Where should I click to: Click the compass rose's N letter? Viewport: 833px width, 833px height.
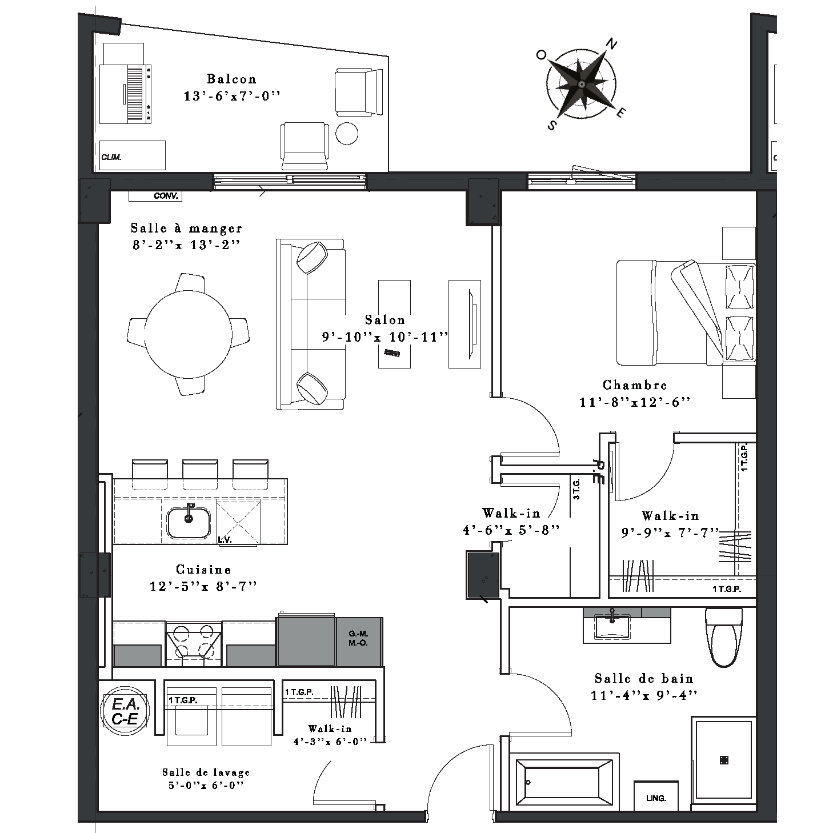[x=612, y=43]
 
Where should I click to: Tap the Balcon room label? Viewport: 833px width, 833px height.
[x=232, y=79]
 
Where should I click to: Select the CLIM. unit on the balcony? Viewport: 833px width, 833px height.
[x=133, y=155]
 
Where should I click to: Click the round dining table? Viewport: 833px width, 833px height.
[x=188, y=334]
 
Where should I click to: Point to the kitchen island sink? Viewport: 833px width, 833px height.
[x=189, y=523]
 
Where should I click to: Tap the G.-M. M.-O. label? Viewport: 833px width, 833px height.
[x=358, y=638]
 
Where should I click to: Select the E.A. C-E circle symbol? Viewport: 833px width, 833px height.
[x=125, y=711]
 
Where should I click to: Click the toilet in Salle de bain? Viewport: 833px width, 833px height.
[x=724, y=638]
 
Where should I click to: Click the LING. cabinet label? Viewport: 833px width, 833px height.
[x=656, y=798]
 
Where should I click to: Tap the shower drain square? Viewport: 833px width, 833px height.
[x=724, y=760]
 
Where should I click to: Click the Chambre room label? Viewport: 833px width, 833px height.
[x=635, y=385]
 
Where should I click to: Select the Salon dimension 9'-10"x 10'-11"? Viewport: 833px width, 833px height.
[x=385, y=337]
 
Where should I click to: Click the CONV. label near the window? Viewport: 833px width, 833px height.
[x=166, y=196]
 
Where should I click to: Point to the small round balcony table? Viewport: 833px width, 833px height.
[x=347, y=134]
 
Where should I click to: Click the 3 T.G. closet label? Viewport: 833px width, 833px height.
[x=576, y=489]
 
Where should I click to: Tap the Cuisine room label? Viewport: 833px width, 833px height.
[x=203, y=569]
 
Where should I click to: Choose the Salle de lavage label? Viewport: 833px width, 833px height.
[x=206, y=772]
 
